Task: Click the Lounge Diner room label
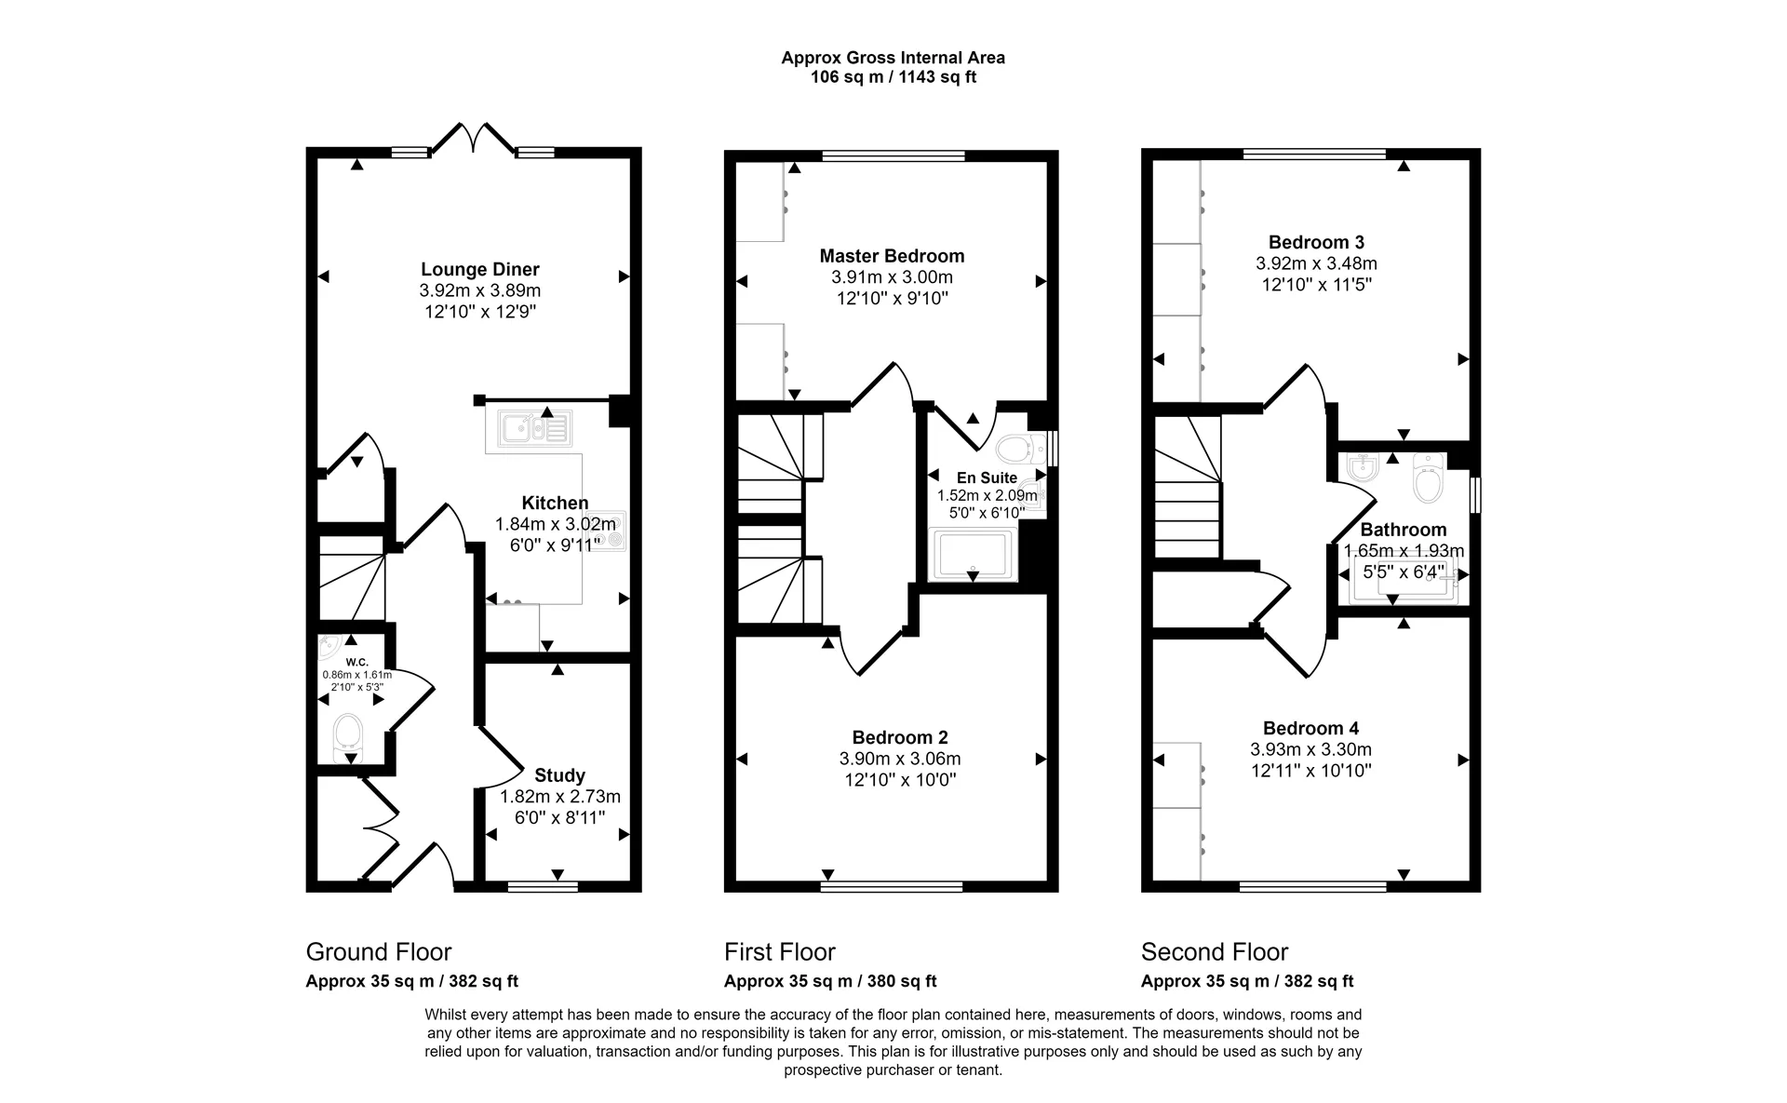(x=479, y=270)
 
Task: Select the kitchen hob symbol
(x=611, y=531)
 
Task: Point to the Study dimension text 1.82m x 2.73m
(x=559, y=797)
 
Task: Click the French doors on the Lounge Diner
(x=473, y=140)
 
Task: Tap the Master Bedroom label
(x=892, y=256)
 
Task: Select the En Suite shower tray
(x=973, y=554)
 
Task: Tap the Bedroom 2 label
(x=899, y=738)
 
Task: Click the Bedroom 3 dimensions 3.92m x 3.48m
(x=1315, y=263)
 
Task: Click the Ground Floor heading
(x=378, y=952)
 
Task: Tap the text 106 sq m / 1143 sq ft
(x=893, y=77)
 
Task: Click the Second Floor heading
(x=1214, y=952)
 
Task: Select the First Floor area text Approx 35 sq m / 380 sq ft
(x=829, y=981)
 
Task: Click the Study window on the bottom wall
(x=543, y=887)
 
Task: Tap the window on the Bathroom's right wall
(x=1475, y=494)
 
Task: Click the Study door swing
(x=501, y=759)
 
